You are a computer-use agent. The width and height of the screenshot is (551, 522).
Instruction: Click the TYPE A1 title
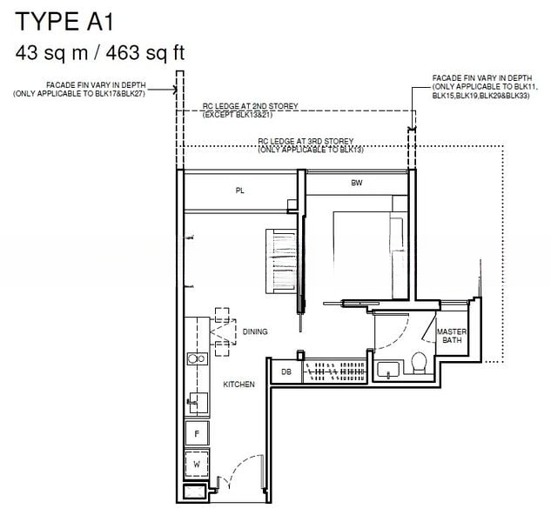tap(64, 22)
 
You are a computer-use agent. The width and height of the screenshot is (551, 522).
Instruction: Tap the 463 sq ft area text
tap(145, 53)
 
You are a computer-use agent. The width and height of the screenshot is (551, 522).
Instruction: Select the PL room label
tap(239, 191)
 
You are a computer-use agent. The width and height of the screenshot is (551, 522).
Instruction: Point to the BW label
tap(356, 183)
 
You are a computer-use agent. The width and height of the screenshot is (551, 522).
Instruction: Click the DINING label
tap(255, 331)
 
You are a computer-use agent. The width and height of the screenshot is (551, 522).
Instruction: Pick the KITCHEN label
tap(239, 385)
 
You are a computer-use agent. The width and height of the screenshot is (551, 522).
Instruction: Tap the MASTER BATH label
tap(452, 336)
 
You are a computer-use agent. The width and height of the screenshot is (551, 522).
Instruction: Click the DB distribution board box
tap(286, 371)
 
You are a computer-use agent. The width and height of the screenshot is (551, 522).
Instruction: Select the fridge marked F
tap(197, 433)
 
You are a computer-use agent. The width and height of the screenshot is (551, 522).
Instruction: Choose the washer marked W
tap(197, 464)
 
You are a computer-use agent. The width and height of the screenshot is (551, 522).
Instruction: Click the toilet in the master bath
tap(419, 363)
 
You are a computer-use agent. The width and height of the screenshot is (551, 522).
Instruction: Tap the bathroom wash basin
tap(388, 370)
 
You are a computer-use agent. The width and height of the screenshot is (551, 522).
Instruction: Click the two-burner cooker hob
tap(197, 358)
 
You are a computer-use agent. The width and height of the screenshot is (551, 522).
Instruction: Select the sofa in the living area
tap(281, 261)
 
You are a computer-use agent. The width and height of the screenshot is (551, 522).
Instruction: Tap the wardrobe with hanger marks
tap(335, 371)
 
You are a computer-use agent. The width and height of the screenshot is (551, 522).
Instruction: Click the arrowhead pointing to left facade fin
tap(175, 90)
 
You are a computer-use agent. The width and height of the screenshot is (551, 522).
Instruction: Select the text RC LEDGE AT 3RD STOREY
tap(306, 141)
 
